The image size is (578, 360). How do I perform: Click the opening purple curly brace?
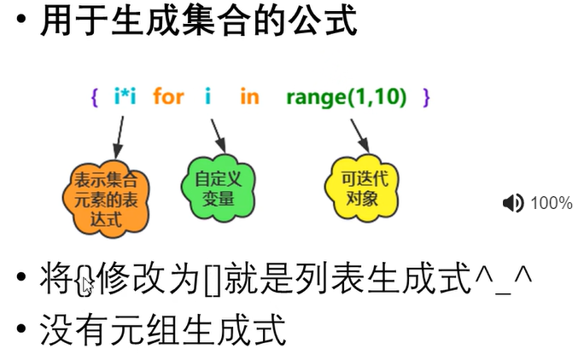click(93, 97)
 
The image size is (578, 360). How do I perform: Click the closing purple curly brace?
click(426, 97)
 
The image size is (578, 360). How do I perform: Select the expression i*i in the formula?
click(126, 96)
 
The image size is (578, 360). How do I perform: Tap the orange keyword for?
click(168, 96)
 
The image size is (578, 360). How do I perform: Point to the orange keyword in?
click(249, 96)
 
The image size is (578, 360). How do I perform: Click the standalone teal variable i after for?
click(207, 96)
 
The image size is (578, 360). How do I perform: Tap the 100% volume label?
click(552, 203)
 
